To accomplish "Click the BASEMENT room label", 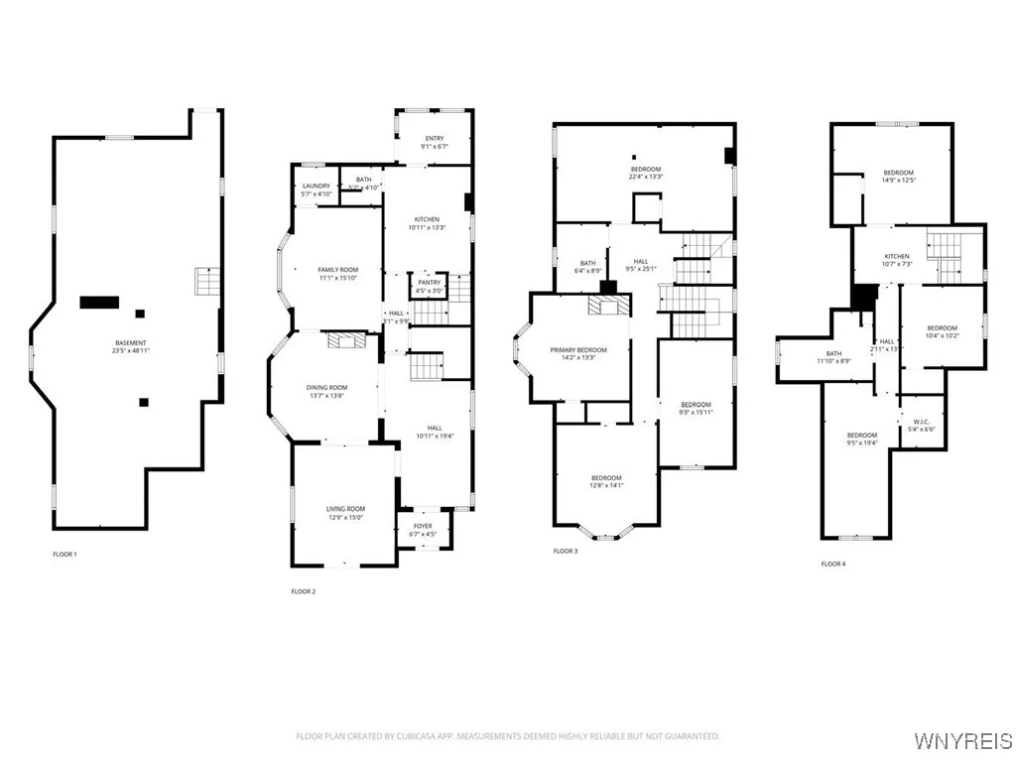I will click(x=131, y=343).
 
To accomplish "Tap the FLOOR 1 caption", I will click(x=65, y=554).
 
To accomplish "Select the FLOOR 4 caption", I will click(x=833, y=564).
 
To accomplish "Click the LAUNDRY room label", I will click(x=317, y=186).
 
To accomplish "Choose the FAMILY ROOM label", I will click(x=337, y=270).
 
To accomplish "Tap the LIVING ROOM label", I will click(x=346, y=509).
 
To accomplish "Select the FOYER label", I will click(x=423, y=527).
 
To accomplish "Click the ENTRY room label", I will click(x=435, y=139).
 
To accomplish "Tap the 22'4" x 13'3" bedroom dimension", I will click(x=646, y=178).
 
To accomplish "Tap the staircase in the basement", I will click(x=205, y=283).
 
